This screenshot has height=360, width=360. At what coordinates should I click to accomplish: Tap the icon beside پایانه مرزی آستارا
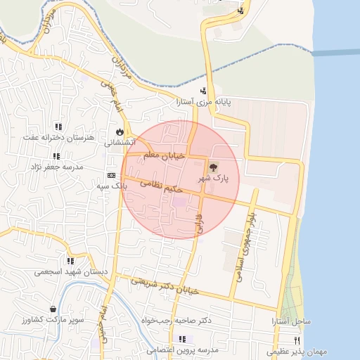click(x=204, y=90)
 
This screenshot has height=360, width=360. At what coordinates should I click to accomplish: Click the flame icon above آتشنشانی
click(x=120, y=131)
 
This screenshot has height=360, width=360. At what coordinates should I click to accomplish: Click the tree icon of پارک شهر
click(x=213, y=167)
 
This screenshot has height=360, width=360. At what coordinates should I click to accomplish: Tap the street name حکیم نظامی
click(x=162, y=186)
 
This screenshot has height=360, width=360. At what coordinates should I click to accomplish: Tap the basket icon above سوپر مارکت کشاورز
click(x=53, y=309)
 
